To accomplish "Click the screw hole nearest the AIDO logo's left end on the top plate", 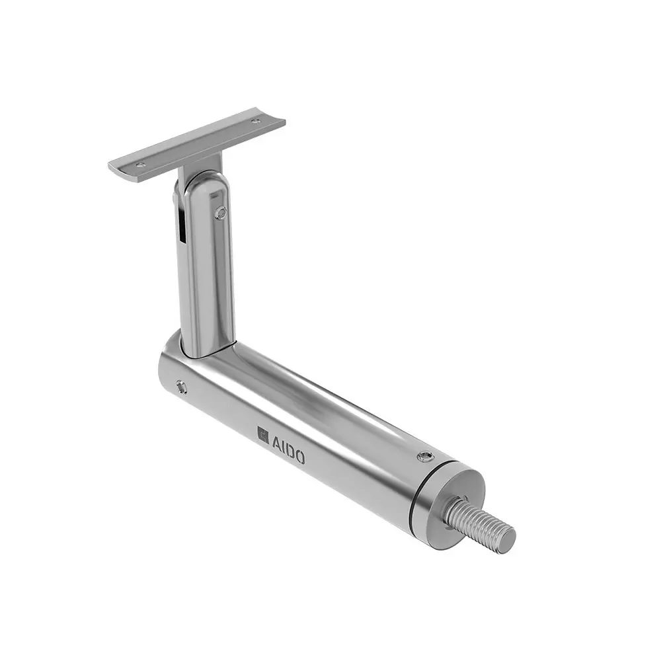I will coord(139,165).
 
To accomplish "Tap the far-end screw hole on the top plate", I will coord(256,121).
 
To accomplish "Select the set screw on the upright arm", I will coord(221,212).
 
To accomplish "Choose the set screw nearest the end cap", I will coord(424,456).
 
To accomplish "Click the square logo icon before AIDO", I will coord(262,434).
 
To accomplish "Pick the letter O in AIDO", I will coord(299,456).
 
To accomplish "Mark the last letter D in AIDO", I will coord(290,450).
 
